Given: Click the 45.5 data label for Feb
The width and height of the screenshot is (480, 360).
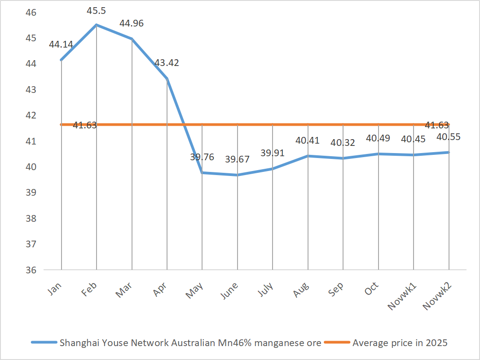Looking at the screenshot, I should (97, 9).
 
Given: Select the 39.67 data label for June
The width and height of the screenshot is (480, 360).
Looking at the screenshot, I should (238, 159).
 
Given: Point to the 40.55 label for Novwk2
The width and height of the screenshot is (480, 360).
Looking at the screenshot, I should (449, 137).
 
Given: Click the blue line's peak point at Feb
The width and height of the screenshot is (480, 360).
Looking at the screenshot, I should (97, 25).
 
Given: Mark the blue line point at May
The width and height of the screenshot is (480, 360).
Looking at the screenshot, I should (203, 173).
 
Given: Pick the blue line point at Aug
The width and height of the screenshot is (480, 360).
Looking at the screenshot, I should (308, 156).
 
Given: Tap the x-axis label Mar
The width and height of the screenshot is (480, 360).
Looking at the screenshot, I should (124, 292).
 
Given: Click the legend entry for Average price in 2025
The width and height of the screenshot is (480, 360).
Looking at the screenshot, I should (400, 343).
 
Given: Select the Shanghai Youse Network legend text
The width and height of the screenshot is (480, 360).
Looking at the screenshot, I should (190, 343).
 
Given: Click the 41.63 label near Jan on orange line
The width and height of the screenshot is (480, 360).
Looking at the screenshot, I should (85, 126).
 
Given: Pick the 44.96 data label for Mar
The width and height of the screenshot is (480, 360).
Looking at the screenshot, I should (131, 23).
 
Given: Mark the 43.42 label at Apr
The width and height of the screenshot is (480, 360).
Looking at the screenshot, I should (167, 63).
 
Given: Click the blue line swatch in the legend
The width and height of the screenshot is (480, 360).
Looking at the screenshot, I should (44, 343).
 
